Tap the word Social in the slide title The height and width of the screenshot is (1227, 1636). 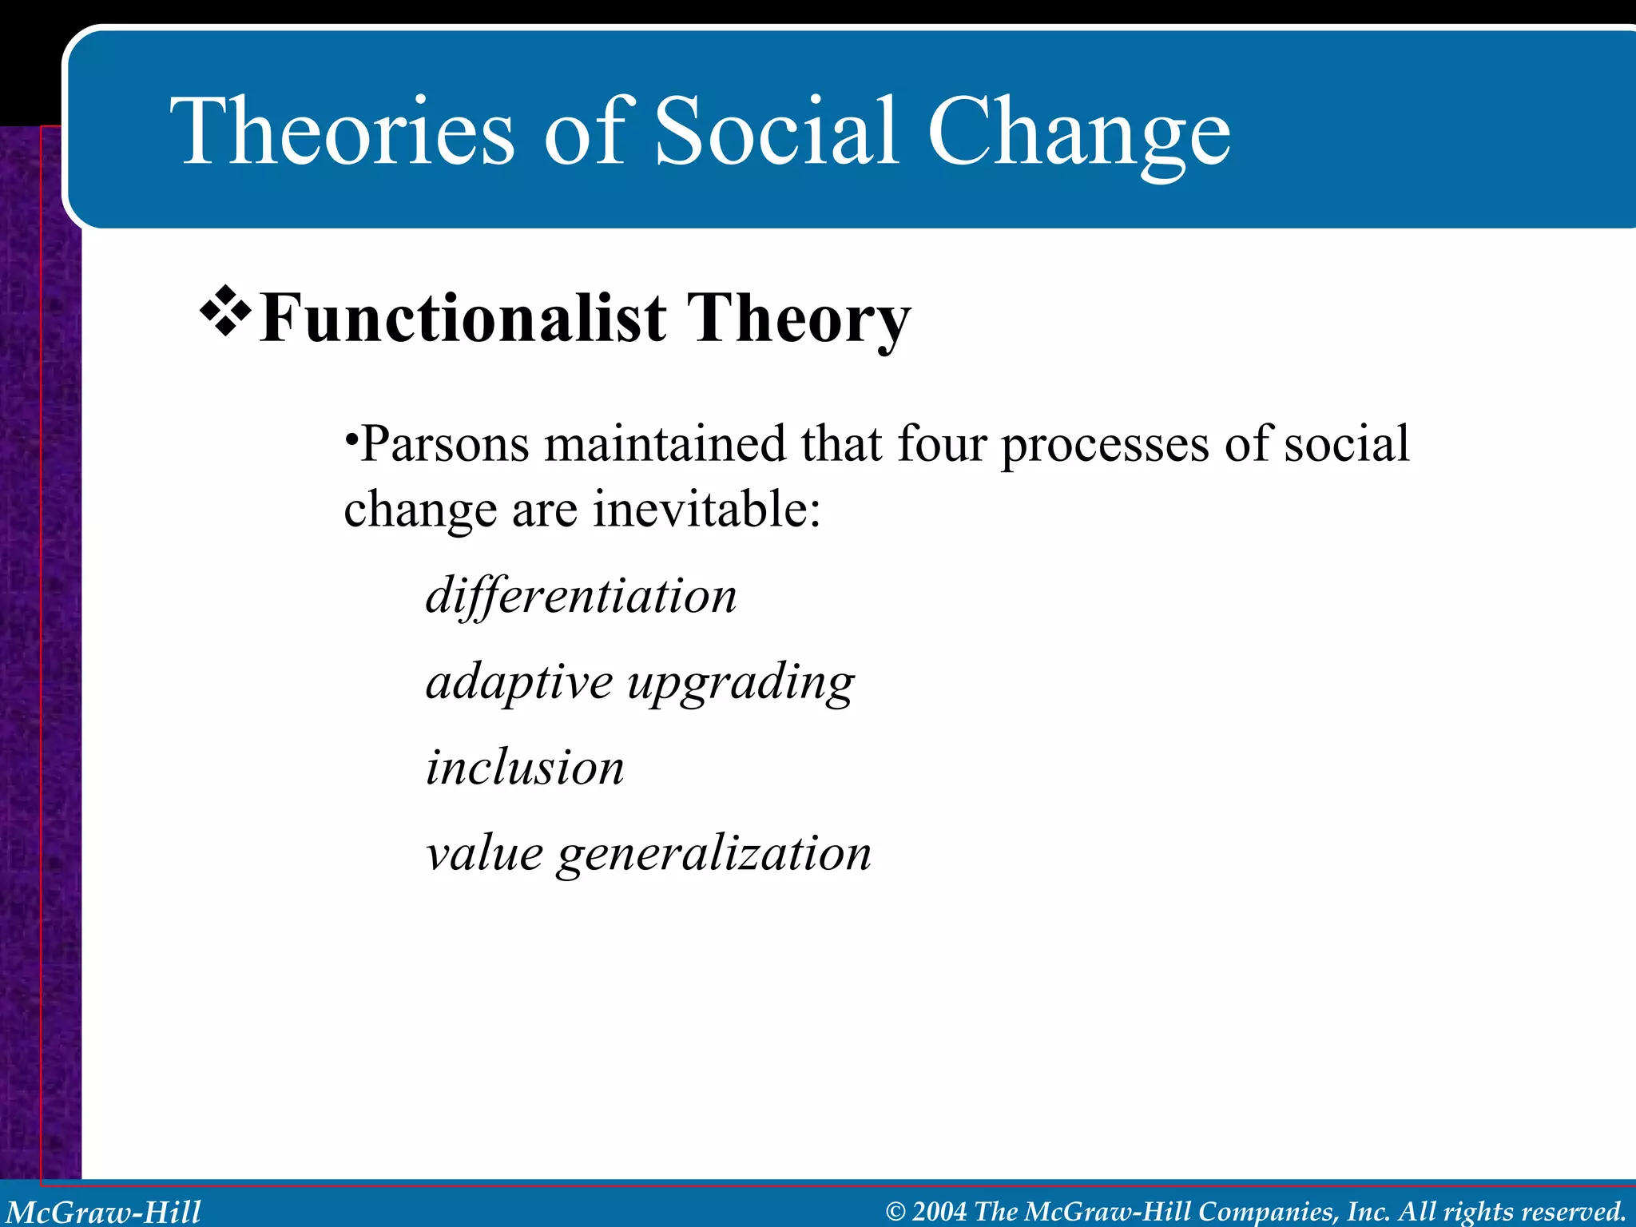(776, 132)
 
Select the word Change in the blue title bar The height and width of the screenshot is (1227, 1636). (1078, 136)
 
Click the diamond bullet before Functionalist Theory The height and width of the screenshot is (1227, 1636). (225, 310)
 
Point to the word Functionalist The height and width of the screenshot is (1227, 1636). (463, 319)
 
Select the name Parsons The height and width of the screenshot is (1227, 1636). (444, 444)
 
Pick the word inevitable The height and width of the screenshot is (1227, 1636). (706, 510)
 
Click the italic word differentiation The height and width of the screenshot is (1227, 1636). (581, 596)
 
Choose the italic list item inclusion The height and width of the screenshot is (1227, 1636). (525, 768)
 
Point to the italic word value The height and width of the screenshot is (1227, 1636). (484, 853)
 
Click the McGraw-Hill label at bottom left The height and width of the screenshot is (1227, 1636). (104, 1212)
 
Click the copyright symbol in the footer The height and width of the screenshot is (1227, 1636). (895, 1212)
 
